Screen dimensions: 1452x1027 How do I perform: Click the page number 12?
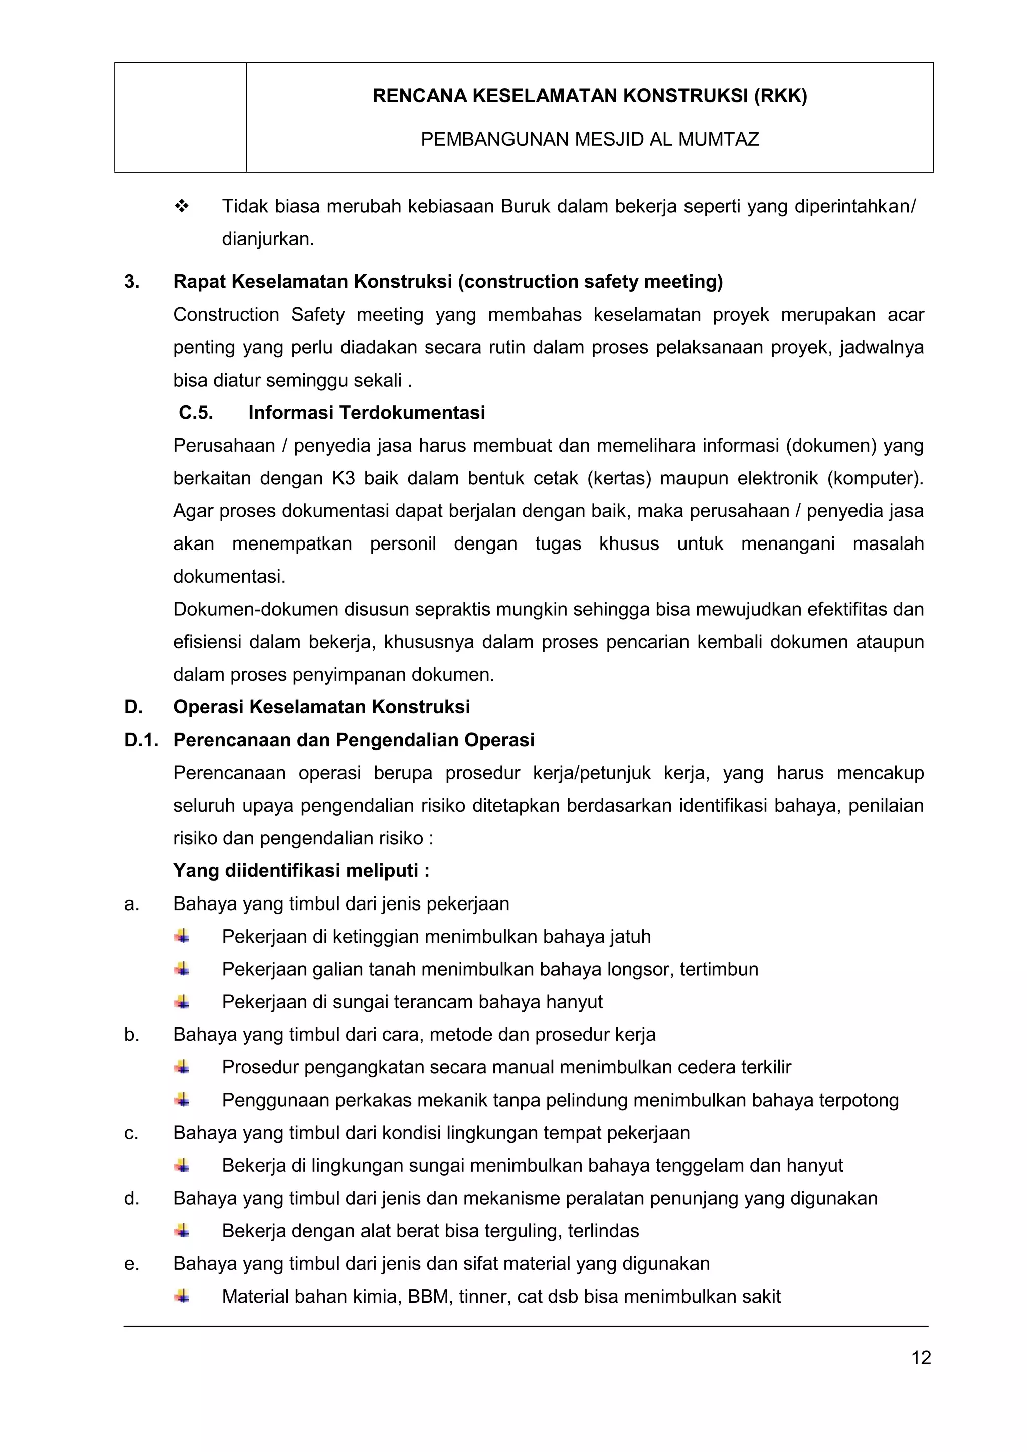pos(921,1358)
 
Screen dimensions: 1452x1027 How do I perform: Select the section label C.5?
pos(196,413)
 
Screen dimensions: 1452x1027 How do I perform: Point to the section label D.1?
pos(141,740)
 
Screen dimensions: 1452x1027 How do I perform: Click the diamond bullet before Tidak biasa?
pos(182,206)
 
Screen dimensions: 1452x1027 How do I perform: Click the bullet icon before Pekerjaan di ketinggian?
pos(182,936)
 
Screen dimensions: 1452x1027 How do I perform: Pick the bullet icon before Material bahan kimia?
pos(182,1297)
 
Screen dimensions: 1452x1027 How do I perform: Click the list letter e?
pos(131,1264)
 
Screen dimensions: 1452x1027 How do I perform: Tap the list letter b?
pos(131,1035)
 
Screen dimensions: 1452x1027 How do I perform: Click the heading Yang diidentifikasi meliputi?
pos(301,871)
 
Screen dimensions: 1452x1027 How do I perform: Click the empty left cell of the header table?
pos(180,118)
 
